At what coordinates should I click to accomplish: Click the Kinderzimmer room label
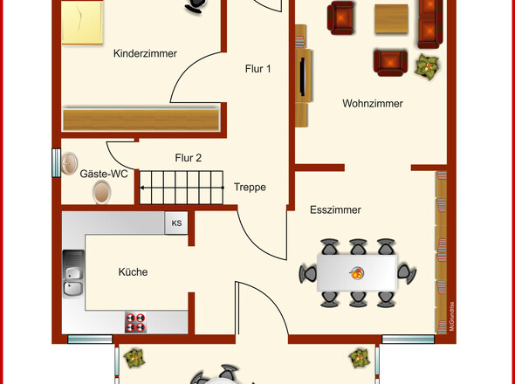click(145, 53)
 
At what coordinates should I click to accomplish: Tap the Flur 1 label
click(258, 69)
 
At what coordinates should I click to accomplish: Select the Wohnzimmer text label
click(373, 104)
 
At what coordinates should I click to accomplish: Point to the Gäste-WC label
click(104, 174)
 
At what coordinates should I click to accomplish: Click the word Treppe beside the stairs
click(250, 188)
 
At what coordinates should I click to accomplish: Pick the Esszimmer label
click(335, 210)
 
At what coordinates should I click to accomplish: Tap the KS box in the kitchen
click(176, 223)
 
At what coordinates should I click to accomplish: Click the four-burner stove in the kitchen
click(135, 322)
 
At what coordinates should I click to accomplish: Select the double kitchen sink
click(73, 274)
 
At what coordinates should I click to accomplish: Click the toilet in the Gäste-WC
click(101, 192)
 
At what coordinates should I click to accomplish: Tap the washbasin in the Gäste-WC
click(69, 163)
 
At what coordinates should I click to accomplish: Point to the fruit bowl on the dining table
click(357, 272)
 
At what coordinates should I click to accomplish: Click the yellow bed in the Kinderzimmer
click(82, 23)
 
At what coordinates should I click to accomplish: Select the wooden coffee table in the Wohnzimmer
click(391, 19)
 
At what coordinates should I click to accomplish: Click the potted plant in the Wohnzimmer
click(427, 66)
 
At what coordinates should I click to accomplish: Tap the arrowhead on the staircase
click(142, 188)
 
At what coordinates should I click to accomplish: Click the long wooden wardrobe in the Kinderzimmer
click(141, 120)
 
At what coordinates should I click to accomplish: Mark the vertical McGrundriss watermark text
click(451, 317)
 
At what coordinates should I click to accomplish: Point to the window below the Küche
click(90, 339)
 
